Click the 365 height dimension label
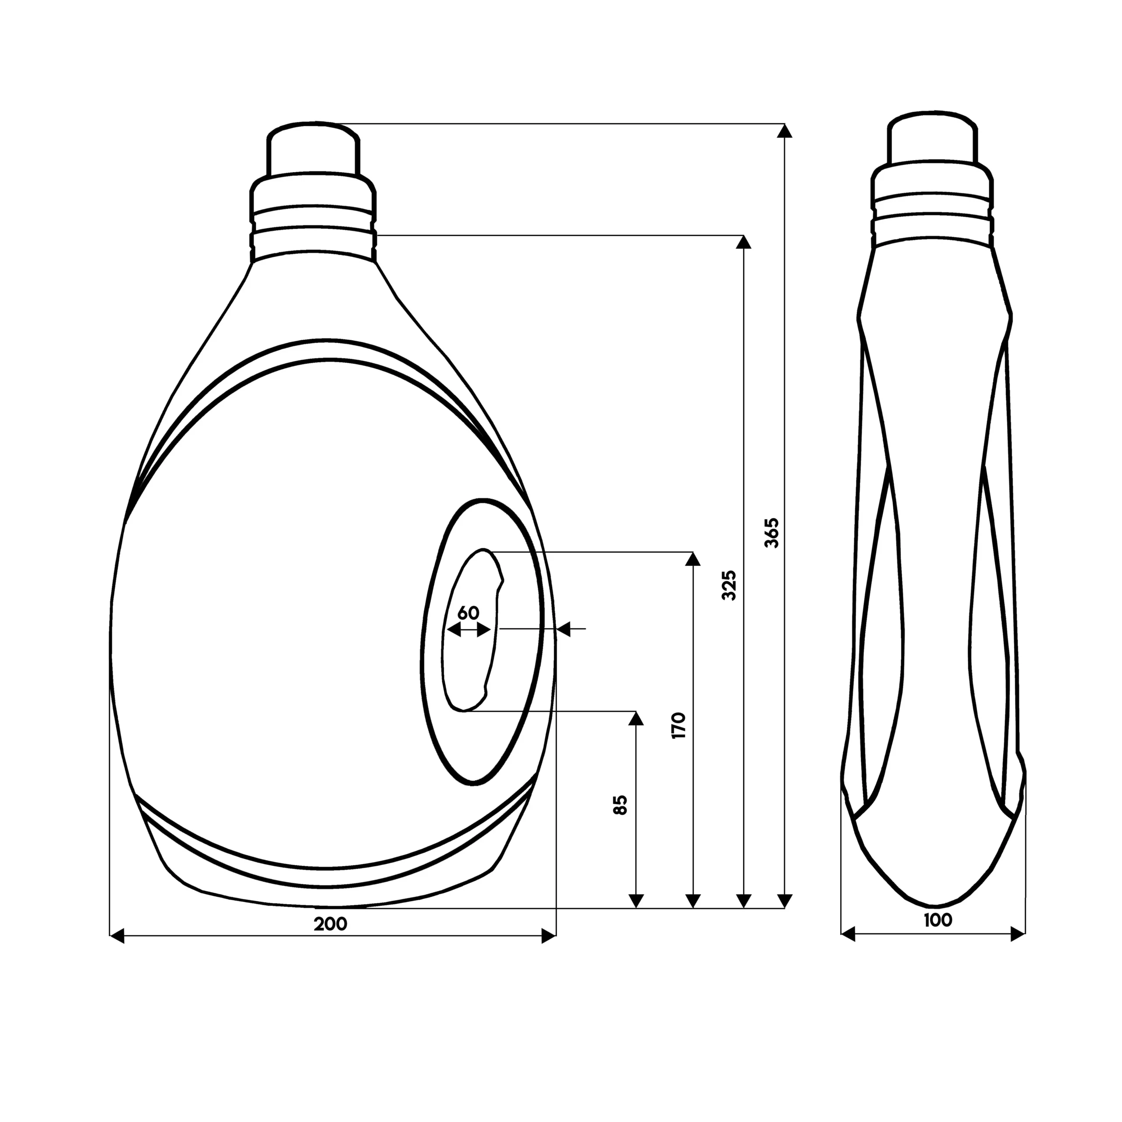click(x=772, y=533)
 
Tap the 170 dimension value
click(x=679, y=725)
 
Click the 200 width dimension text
click(x=330, y=924)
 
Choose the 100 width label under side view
click(x=938, y=920)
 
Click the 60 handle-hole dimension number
click(x=469, y=613)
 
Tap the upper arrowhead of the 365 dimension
click(x=785, y=131)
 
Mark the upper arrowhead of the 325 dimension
click(x=743, y=242)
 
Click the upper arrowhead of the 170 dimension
click(x=692, y=559)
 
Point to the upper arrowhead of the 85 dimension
click(x=636, y=718)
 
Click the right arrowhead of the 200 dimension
click(x=548, y=936)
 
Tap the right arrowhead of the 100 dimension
click(x=1017, y=934)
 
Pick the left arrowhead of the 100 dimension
click(x=849, y=934)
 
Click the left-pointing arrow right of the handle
click(x=563, y=628)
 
